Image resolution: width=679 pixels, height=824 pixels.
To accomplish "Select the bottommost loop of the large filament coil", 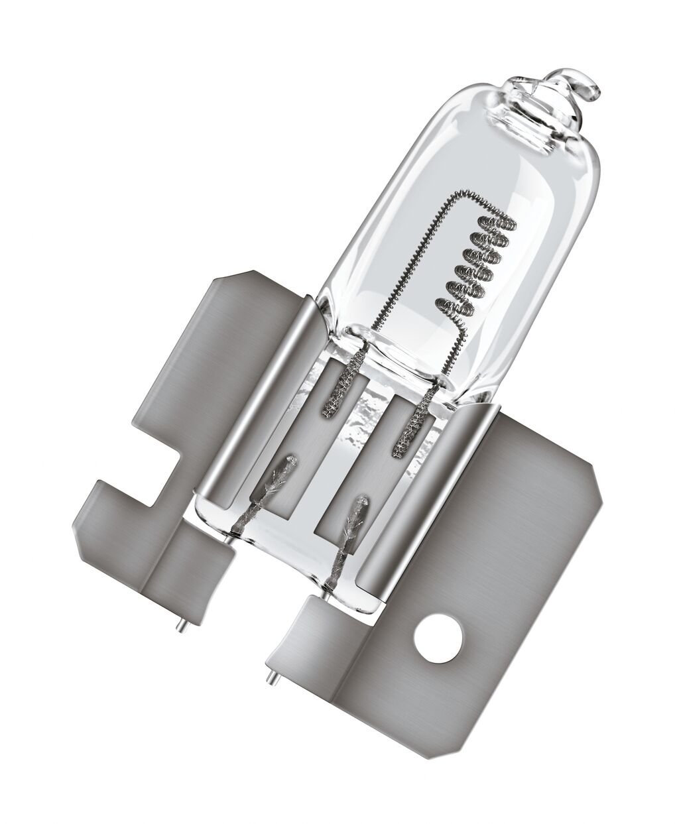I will pyautogui.click(x=451, y=307).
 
